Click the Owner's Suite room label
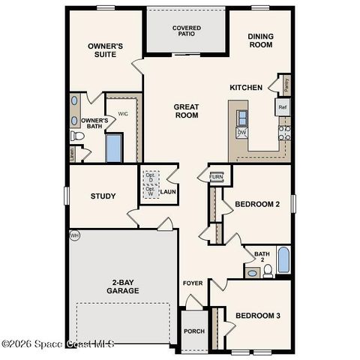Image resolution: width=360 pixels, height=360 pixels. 105,49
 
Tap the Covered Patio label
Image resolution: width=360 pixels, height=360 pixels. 186,31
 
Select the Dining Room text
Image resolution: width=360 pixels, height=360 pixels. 260,40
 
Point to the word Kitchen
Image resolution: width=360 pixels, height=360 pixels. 246,88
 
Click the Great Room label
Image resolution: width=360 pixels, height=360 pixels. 186,111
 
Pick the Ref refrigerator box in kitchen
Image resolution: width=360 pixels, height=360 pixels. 282,107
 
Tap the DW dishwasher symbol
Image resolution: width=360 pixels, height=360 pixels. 241,133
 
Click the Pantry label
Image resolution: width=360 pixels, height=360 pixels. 287,84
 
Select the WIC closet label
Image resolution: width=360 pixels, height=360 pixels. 123,114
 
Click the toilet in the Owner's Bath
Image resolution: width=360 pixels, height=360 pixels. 76,136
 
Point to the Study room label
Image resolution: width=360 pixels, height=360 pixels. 103,196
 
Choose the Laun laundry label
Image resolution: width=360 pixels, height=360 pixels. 167,192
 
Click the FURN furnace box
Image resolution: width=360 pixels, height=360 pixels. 216,177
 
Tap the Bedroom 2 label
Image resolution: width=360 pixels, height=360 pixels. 257,204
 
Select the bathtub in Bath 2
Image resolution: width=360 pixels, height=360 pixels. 283,259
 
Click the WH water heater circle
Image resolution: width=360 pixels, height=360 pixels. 73,235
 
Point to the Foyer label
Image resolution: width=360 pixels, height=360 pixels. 193,283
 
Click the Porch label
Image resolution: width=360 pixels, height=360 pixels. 194,331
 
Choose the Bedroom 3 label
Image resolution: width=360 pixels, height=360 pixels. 257,316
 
